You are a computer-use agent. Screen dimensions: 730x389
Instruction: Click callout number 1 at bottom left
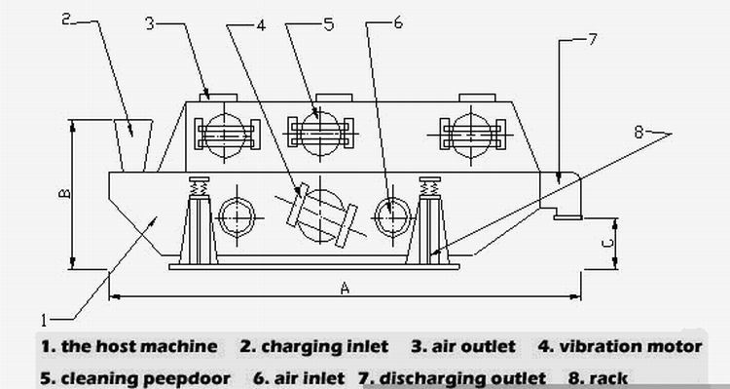pyautogui.click(x=44, y=321)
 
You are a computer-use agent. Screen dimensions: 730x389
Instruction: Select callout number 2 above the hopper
pyautogui.click(x=66, y=19)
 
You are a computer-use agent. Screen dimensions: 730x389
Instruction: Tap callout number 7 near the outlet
pyautogui.click(x=592, y=39)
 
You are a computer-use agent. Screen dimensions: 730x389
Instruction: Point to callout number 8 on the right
pyautogui.click(x=639, y=133)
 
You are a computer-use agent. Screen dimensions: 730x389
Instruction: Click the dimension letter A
pyautogui.click(x=345, y=289)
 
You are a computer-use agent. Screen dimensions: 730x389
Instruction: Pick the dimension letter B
pyautogui.click(x=65, y=193)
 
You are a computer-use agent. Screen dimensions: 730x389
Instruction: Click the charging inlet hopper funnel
pyautogui.click(x=133, y=145)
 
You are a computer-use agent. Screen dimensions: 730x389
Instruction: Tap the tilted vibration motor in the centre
pyautogui.click(x=322, y=215)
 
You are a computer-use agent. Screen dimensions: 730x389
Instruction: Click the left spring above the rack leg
pyautogui.click(x=199, y=187)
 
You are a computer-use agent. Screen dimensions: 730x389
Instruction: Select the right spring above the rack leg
pyautogui.click(x=429, y=186)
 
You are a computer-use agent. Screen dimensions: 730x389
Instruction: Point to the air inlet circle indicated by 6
pyautogui.click(x=392, y=217)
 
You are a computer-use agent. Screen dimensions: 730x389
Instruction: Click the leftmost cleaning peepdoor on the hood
pyautogui.click(x=226, y=134)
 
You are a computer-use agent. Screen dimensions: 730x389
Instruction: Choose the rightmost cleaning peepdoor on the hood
pyautogui.click(x=472, y=135)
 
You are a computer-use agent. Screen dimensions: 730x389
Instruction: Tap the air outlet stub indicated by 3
pyautogui.click(x=218, y=97)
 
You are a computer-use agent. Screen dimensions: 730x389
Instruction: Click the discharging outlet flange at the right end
pyautogui.click(x=567, y=216)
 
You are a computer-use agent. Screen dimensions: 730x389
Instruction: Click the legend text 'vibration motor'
pyautogui.click(x=631, y=346)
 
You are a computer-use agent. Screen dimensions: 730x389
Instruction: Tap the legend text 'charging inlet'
pyautogui.click(x=324, y=346)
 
